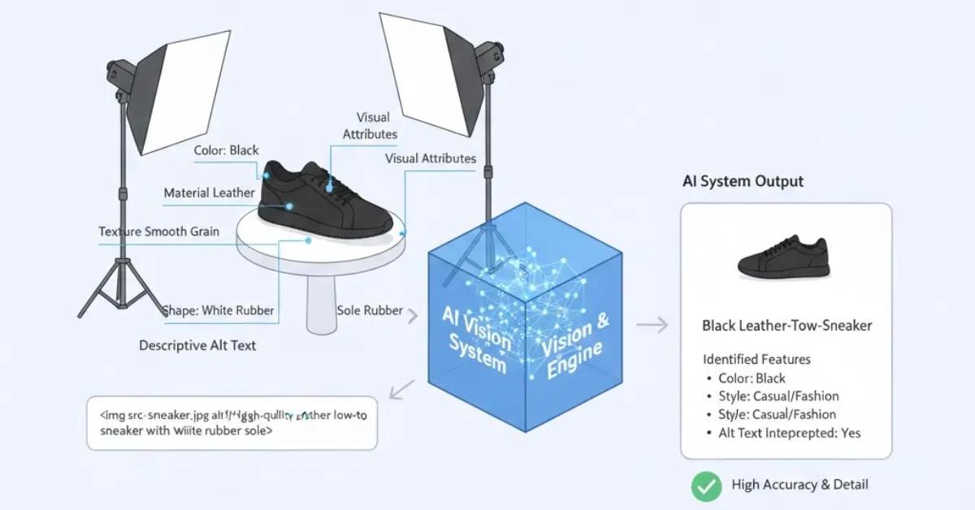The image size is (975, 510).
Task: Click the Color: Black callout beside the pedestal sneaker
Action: pyautogui.click(x=226, y=150)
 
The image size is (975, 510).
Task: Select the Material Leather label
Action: pyautogui.click(x=209, y=193)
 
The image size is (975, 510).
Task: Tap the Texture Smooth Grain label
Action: pyautogui.click(x=158, y=231)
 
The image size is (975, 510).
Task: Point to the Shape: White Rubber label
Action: pyautogui.click(x=218, y=310)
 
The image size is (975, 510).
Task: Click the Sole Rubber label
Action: pyautogui.click(x=370, y=310)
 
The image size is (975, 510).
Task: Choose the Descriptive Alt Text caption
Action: pyautogui.click(x=197, y=345)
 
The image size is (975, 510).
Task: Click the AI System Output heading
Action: pyautogui.click(x=743, y=181)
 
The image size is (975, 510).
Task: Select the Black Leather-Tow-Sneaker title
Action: pyautogui.click(x=786, y=326)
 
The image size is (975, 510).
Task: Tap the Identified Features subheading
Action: pyautogui.click(x=756, y=359)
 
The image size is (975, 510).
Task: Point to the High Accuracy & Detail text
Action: pyautogui.click(x=799, y=485)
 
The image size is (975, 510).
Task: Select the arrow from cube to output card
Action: pyautogui.click(x=652, y=326)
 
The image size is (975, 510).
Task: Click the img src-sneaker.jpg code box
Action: pyautogui.click(x=232, y=422)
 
